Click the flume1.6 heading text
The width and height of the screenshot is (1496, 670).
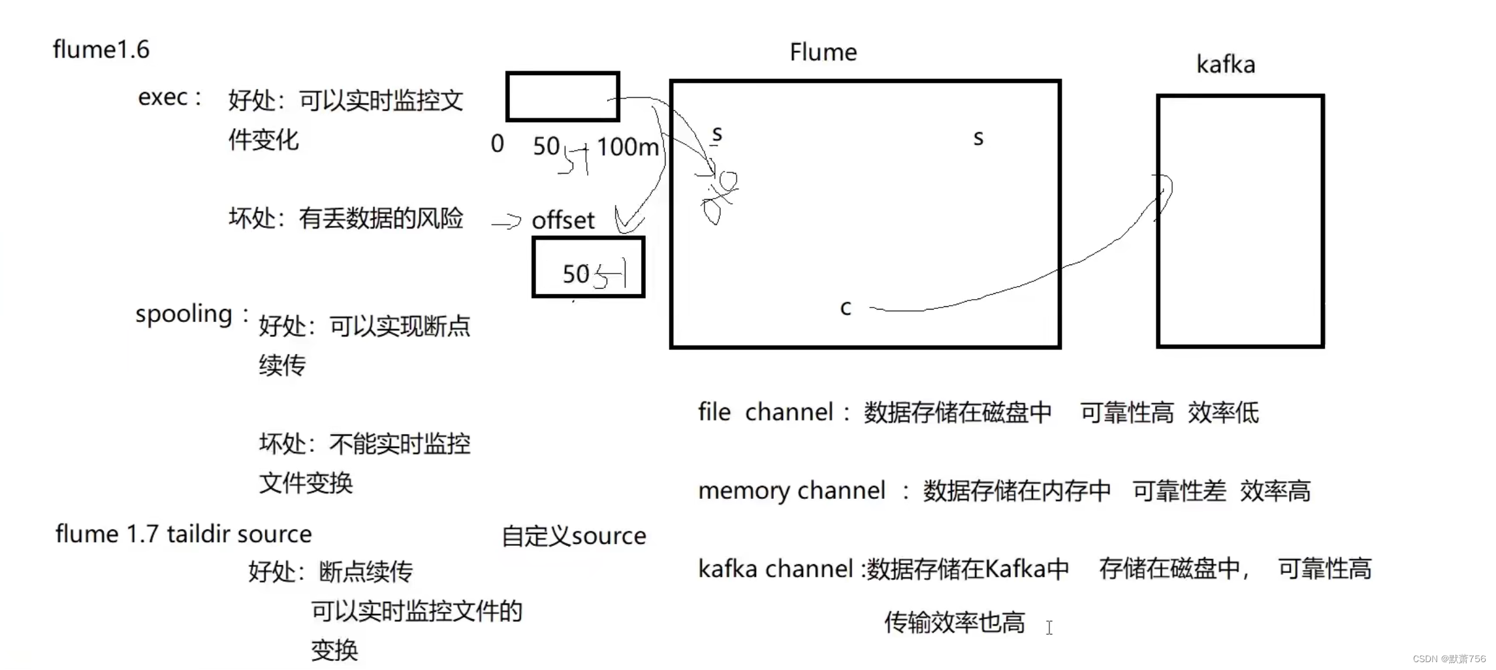[x=101, y=50]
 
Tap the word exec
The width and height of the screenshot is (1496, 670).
[x=163, y=97]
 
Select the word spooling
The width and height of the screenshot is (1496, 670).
[x=183, y=314]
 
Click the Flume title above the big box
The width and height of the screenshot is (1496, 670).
[x=823, y=52]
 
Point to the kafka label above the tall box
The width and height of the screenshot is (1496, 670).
[x=1225, y=65]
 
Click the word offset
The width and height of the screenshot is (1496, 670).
[x=563, y=221]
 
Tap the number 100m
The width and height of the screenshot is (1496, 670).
[x=628, y=147]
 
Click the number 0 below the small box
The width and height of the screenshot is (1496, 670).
[x=497, y=144]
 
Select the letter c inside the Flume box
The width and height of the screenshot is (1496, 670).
[x=846, y=308]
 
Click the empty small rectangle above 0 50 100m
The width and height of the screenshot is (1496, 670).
[x=562, y=97]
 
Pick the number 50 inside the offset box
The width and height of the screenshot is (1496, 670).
[x=576, y=274]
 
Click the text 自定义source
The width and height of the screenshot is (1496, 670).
[x=574, y=536]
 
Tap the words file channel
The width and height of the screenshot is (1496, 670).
[x=765, y=413]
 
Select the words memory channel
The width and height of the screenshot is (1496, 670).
[x=791, y=491]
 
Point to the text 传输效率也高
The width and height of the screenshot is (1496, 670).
[x=955, y=623]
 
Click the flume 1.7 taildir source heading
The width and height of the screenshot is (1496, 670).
[x=183, y=534]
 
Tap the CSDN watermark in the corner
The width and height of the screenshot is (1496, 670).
[x=1448, y=659]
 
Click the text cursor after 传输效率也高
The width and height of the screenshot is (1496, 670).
[x=1049, y=628]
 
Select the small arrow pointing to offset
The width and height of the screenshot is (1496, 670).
[x=507, y=223]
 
